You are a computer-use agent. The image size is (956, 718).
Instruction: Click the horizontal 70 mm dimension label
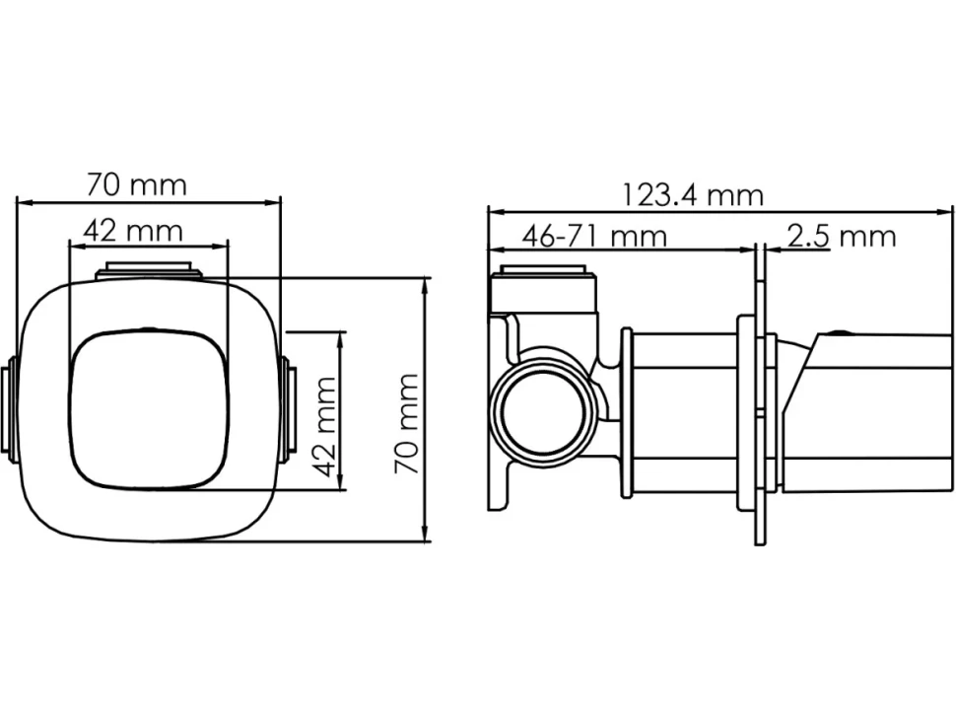pos(136,184)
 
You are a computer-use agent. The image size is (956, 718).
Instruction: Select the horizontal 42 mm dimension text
pos(133,231)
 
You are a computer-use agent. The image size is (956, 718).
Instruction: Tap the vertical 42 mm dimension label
pos(324,427)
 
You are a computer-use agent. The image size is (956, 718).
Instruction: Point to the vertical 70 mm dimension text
pos(406,424)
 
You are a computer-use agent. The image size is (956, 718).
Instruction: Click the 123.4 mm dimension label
pos(692,196)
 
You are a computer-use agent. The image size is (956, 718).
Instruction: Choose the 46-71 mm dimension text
pos(594,236)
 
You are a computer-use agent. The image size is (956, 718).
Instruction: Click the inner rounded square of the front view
pos(150,408)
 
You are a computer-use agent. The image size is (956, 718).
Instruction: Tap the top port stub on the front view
pos(149,271)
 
